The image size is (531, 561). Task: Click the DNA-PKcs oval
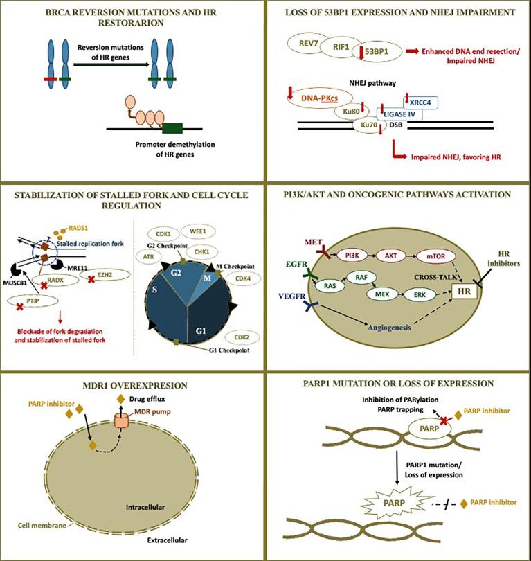tap(317, 100)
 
